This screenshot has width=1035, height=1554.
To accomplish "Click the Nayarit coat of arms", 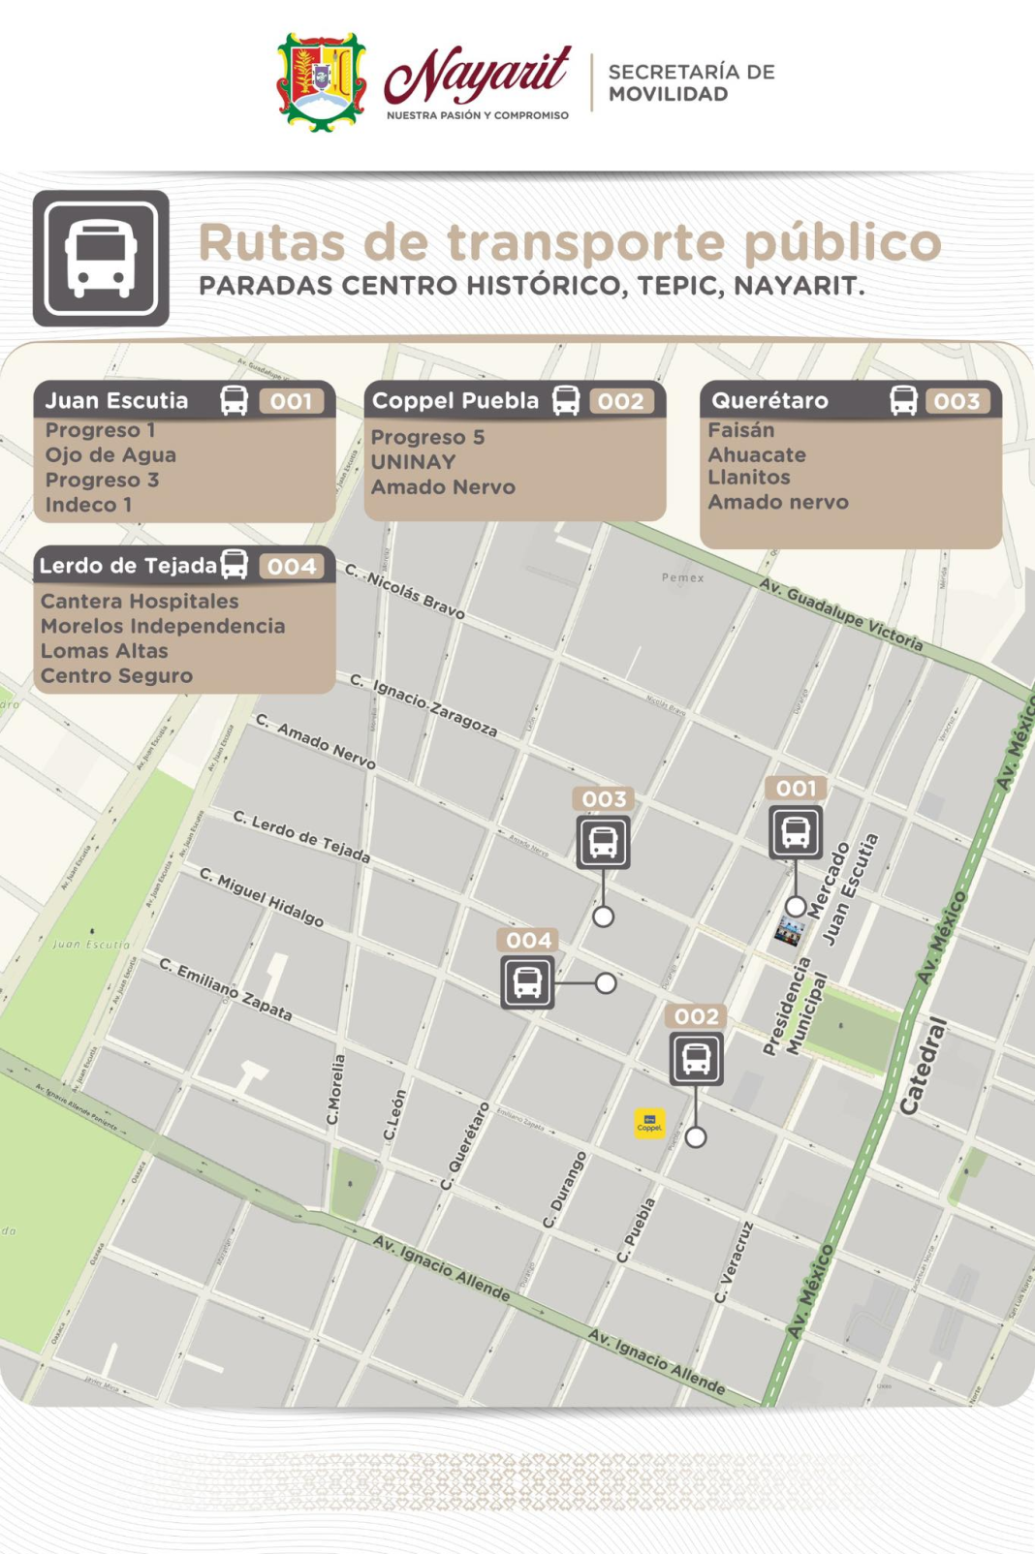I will click(322, 82).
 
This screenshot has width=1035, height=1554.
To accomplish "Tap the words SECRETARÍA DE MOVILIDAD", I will click(691, 83).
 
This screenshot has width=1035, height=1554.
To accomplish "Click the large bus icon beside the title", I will click(101, 258).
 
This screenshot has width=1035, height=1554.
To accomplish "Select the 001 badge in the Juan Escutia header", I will click(291, 401).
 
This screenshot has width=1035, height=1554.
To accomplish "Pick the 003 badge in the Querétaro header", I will click(957, 401).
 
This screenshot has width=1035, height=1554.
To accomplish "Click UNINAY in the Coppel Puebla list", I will click(413, 462).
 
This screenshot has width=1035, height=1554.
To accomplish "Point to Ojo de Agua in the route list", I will click(110, 455).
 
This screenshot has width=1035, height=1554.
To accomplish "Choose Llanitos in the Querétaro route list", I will click(749, 478).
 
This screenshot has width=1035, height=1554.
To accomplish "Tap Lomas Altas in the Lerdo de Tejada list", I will click(105, 651).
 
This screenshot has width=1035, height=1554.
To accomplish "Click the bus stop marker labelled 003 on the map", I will click(603, 841).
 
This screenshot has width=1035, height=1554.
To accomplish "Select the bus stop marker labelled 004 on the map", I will click(527, 981).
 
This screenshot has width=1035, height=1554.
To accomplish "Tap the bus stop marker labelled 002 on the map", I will click(696, 1058).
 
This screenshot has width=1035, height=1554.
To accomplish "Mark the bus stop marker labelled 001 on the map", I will click(796, 831).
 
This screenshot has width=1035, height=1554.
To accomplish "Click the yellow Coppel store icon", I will click(649, 1123).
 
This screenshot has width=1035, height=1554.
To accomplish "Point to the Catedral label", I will click(924, 1066).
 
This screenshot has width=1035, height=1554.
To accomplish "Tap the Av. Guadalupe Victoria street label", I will click(840, 614).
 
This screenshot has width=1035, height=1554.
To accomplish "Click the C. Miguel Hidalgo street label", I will click(262, 897).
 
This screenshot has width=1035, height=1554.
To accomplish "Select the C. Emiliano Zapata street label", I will click(226, 989).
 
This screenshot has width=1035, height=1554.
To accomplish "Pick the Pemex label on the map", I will click(683, 577).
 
